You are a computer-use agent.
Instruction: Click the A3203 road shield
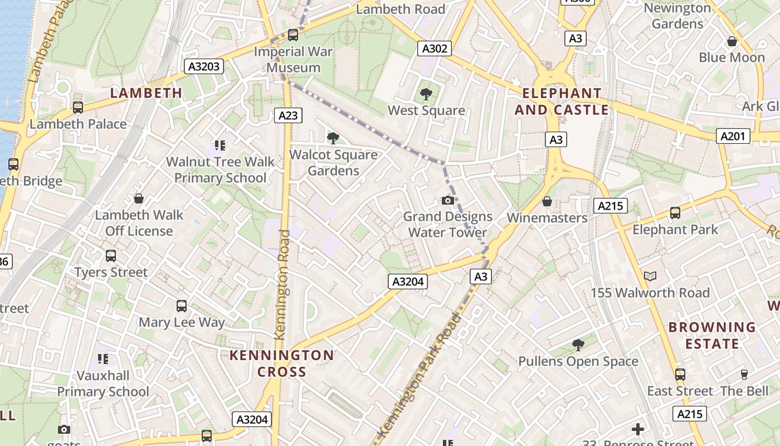tap(204, 67)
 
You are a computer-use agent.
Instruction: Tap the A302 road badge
tap(435, 49)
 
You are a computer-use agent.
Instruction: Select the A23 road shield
tap(288, 115)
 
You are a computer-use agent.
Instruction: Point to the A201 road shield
tap(732, 136)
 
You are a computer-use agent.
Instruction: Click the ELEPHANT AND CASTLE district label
tap(561, 101)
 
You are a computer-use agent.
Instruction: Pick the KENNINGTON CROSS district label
tap(282, 363)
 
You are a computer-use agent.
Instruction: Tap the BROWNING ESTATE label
tap(712, 335)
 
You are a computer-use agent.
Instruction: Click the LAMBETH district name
tap(146, 93)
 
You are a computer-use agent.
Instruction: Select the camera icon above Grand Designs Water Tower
tap(447, 200)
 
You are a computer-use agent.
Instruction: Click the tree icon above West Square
tap(426, 94)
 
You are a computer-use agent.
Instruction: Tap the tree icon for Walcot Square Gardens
tap(333, 138)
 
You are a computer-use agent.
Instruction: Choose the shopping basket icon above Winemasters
tap(547, 201)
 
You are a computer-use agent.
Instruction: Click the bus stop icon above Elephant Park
tap(675, 212)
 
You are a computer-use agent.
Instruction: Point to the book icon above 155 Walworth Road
tap(650, 276)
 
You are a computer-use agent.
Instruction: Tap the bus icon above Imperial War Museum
tap(292, 35)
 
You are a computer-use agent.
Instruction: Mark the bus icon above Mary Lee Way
tap(182, 306)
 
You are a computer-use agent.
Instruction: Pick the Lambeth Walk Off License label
tap(139, 222)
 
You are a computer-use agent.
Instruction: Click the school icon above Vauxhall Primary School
tap(103, 358)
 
